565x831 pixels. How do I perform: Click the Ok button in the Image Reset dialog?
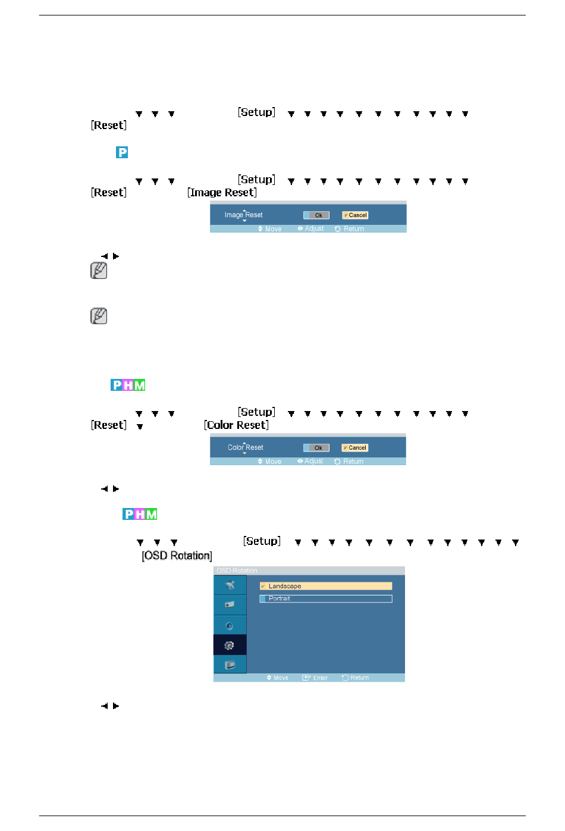(x=316, y=215)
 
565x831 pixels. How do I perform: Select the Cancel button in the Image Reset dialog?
(x=355, y=215)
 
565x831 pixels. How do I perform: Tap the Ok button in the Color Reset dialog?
(x=316, y=448)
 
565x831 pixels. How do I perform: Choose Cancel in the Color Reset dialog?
(x=354, y=448)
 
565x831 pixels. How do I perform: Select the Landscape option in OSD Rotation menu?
(x=326, y=586)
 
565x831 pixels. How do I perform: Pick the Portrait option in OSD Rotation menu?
(x=326, y=599)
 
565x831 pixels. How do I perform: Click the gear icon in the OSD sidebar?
(x=230, y=645)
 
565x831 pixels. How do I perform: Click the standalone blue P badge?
(x=122, y=152)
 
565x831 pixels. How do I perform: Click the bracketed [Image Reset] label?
(x=222, y=193)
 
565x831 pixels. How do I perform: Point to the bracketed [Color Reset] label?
(x=236, y=425)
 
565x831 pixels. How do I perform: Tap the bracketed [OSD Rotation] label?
(x=177, y=556)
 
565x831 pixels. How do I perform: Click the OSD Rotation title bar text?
(x=237, y=570)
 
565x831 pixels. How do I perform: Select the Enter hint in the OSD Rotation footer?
(x=315, y=678)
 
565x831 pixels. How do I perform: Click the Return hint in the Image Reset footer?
(x=350, y=229)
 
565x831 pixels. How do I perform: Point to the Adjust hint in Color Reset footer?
(x=310, y=461)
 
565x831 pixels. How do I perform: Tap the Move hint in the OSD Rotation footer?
(x=278, y=678)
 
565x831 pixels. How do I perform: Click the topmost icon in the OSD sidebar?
(x=230, y=585)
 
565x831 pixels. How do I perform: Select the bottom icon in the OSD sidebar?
(x=230, y=664)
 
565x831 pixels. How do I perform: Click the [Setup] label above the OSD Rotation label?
(x=262, y=541)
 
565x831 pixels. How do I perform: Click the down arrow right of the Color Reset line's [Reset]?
(x=140, y=427)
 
